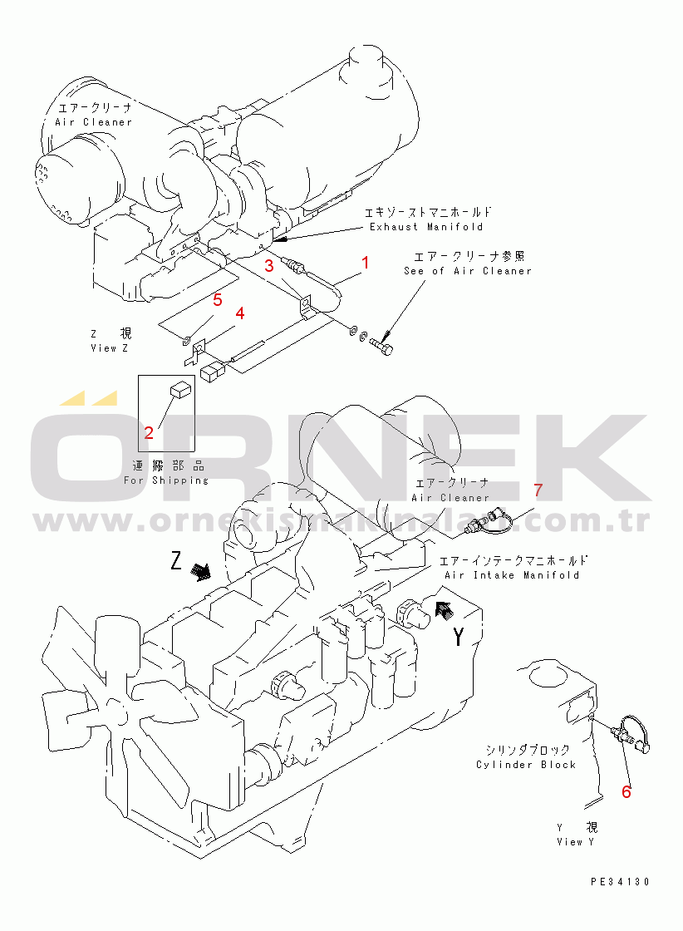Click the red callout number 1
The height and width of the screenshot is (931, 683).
coord(364,264)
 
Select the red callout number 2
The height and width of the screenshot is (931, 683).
coord(149,432)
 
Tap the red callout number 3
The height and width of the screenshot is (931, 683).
coord(269,266)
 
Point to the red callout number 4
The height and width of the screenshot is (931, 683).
coord(240,313)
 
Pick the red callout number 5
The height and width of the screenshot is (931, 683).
coord(217,298)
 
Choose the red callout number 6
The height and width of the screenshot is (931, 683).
coord(626,792)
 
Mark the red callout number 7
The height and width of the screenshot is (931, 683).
coord(538,490)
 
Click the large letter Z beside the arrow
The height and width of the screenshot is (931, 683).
coord(176,562)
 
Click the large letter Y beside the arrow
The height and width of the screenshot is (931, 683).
coord(459,638)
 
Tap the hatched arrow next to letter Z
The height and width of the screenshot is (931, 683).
coord(200,571)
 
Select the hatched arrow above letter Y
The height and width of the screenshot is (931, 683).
coord(444,612)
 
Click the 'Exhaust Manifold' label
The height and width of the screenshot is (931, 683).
coord(426,227)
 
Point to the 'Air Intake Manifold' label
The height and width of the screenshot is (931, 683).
coord(512,575)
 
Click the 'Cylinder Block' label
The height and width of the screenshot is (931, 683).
coord(526,765)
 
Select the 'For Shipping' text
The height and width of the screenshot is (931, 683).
coord(166,480)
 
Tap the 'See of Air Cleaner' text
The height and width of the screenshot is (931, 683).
coord(467,271)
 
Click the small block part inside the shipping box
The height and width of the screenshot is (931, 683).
coord(180,387)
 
